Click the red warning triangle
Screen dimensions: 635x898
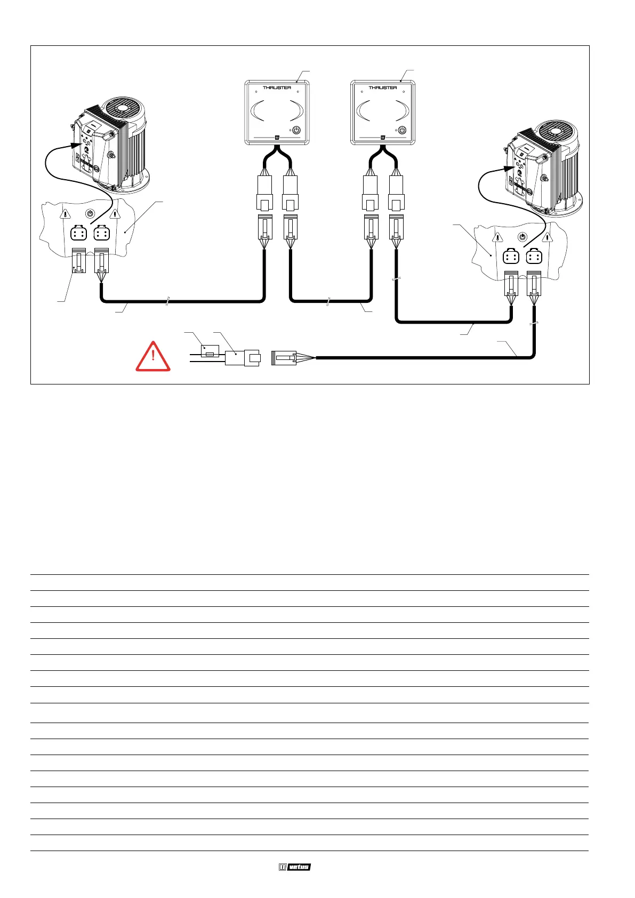pyautogui.click(x=153, y=356)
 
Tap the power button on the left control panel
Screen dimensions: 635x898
pyautogui.click(x=296, y=130)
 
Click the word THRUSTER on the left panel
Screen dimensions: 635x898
pyautogui.click(x=277, y=87)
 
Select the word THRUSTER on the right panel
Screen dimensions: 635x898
pyautogui.click(x=383, y=87)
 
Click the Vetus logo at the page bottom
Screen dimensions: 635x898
pyautogui.click(x=294, y=867)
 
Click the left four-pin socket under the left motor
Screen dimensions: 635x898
pyautogui.click(x=78, y=234)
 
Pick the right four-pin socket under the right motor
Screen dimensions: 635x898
pyautogui.click(x=534, y=257)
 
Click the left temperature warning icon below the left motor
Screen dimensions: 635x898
pyautogui.click(x=65, y=214)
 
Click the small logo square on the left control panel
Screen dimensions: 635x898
pyautogui.click(x=277, y=138)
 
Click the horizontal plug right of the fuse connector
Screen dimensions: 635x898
pyautogui.click(x=284, y=358)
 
